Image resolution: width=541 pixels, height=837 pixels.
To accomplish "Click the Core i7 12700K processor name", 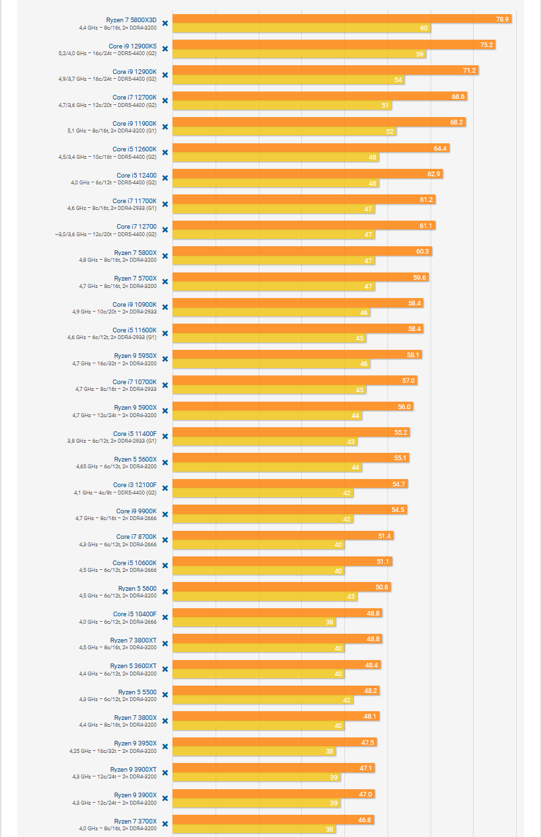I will coord(134,97).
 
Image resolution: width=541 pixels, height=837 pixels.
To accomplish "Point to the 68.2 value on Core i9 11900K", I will coord(457,122).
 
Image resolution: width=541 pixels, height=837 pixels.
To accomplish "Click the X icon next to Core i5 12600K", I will coord(165,152).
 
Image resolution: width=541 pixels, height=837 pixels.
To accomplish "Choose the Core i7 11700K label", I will coord(134,201).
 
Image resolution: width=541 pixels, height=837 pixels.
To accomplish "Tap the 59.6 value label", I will coord(420,277).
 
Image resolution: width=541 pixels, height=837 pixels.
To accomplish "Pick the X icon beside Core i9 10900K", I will coord(165,307).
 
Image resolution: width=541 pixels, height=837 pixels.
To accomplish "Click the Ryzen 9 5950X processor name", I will coord(135,355).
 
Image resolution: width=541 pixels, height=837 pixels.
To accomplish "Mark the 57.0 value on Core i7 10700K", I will coord(408,381).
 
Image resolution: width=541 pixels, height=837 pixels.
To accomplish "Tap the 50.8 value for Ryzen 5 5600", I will coord(382,587).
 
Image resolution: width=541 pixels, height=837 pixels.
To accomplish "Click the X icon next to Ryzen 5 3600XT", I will coord(165,669).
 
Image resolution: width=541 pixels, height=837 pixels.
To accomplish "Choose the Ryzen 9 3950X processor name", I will coord(135,743).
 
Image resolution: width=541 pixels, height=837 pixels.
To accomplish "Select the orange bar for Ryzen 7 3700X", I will coord(269,820).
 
